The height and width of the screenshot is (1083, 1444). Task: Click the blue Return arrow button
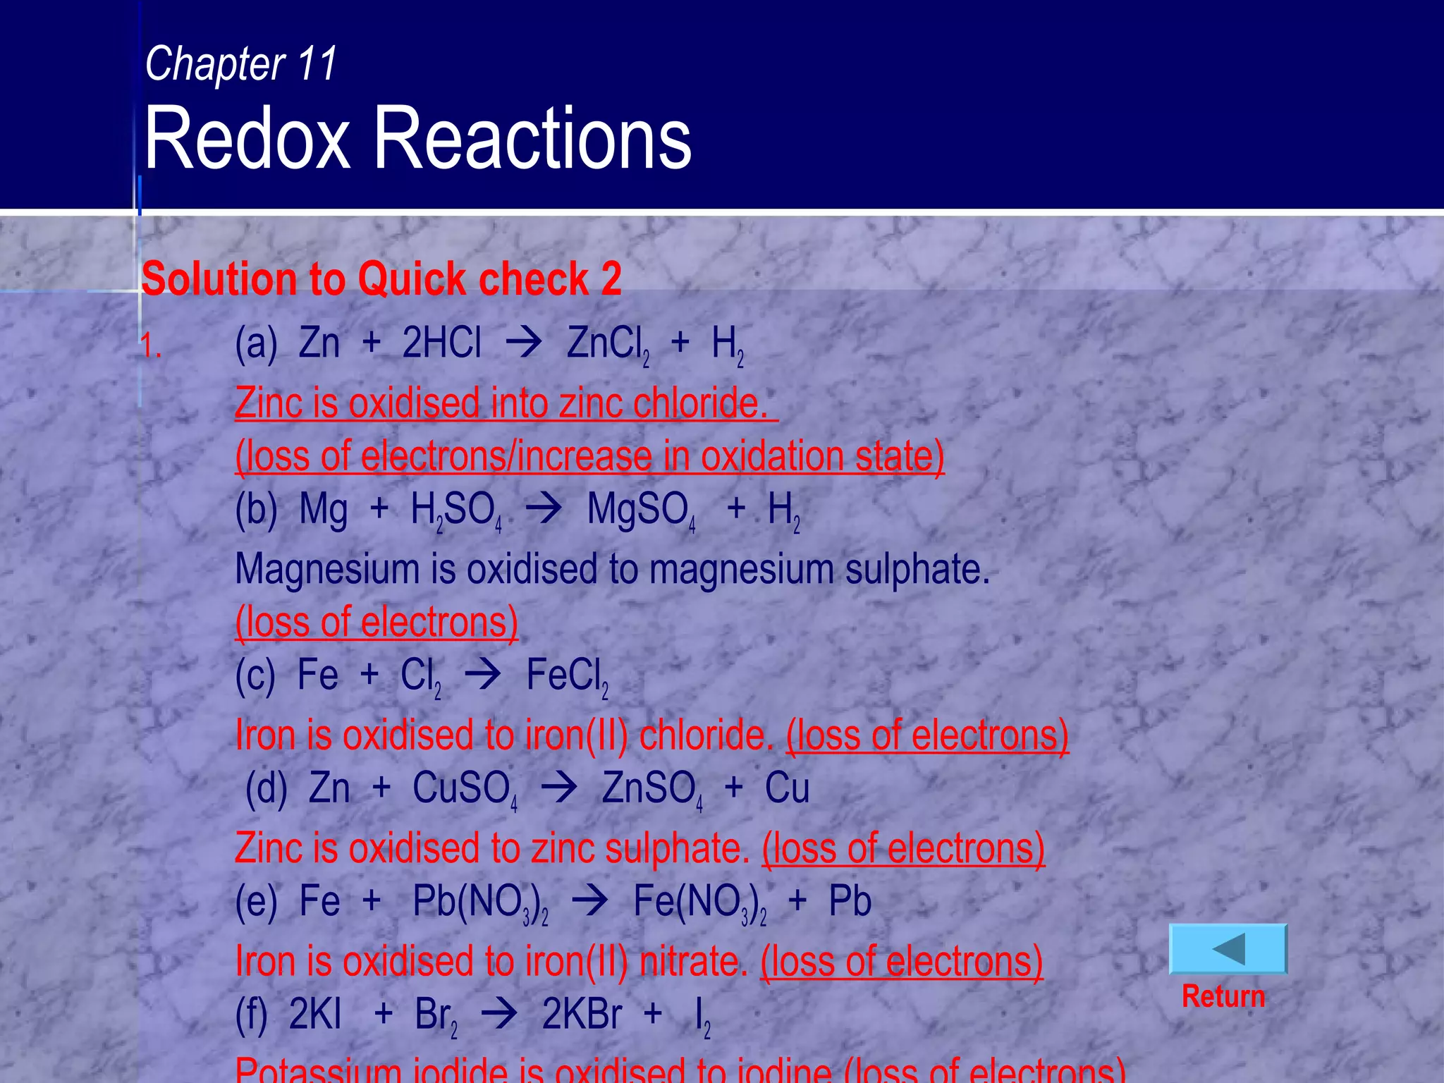(x=1228, y=949)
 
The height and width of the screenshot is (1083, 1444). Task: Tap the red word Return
(x=1223, y=996)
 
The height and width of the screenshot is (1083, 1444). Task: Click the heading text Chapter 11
(x=241, y=63)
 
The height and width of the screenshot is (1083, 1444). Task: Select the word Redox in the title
(x=247, y=138)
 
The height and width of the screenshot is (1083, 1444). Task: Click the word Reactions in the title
(x=532, y=138)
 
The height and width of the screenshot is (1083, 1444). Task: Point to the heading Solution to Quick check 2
(x=381, y=279)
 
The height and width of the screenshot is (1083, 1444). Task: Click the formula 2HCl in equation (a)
(x=441, y=343)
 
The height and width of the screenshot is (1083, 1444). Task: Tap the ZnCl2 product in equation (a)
(x=608, y=345)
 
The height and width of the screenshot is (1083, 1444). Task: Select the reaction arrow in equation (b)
(x=544, y=509)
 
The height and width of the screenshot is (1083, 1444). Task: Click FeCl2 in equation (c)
(x=567, y=676)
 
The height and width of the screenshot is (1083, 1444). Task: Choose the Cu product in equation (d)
(x=787, y=788)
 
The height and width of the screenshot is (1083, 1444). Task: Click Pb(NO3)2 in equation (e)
(x=480, y=902)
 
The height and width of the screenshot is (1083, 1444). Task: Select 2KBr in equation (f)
(x=582, y=1015)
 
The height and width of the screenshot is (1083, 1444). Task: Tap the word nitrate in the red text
(x=693, y=961)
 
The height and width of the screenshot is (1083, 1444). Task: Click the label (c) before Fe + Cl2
(x=255, y=675)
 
